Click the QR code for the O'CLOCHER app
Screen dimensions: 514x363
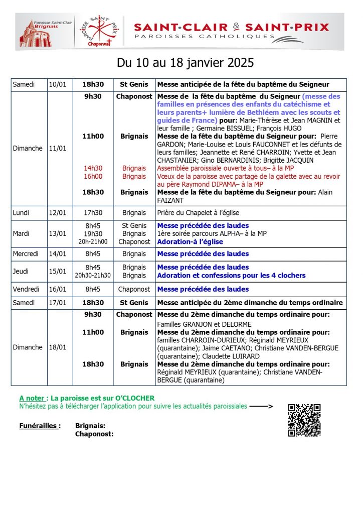coord(304,420)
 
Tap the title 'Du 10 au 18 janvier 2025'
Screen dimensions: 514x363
coord(185,63)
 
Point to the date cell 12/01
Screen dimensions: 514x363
coord(57,213)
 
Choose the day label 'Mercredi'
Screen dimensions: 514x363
coord(26,254)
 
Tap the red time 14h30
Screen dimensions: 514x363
coord(93,168)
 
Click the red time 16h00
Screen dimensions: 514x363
coord(93,176)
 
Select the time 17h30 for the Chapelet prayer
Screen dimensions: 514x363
coord(93,213)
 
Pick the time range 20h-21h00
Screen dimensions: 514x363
coord(93,241)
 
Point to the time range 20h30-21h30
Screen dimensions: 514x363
coord(93,276)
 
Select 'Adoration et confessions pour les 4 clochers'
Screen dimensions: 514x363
coord(231,276)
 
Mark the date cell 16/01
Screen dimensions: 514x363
coord(57,289)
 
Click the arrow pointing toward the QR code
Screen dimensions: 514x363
coord(261,406)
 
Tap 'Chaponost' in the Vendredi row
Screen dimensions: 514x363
coord(134,289)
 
